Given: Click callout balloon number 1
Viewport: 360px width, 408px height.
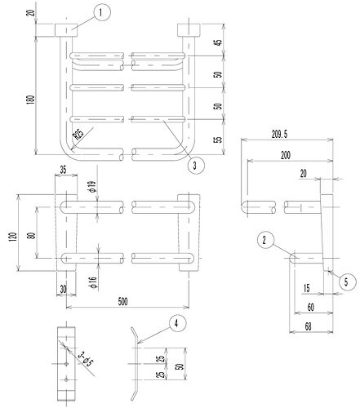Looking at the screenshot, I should (100, 11).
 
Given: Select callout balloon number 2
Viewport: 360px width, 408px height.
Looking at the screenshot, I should (264, 240).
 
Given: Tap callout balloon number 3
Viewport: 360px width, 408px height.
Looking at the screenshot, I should (193, 166).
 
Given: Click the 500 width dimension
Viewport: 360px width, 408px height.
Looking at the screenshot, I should (123, 301).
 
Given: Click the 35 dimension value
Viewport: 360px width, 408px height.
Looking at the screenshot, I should (64, 170).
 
